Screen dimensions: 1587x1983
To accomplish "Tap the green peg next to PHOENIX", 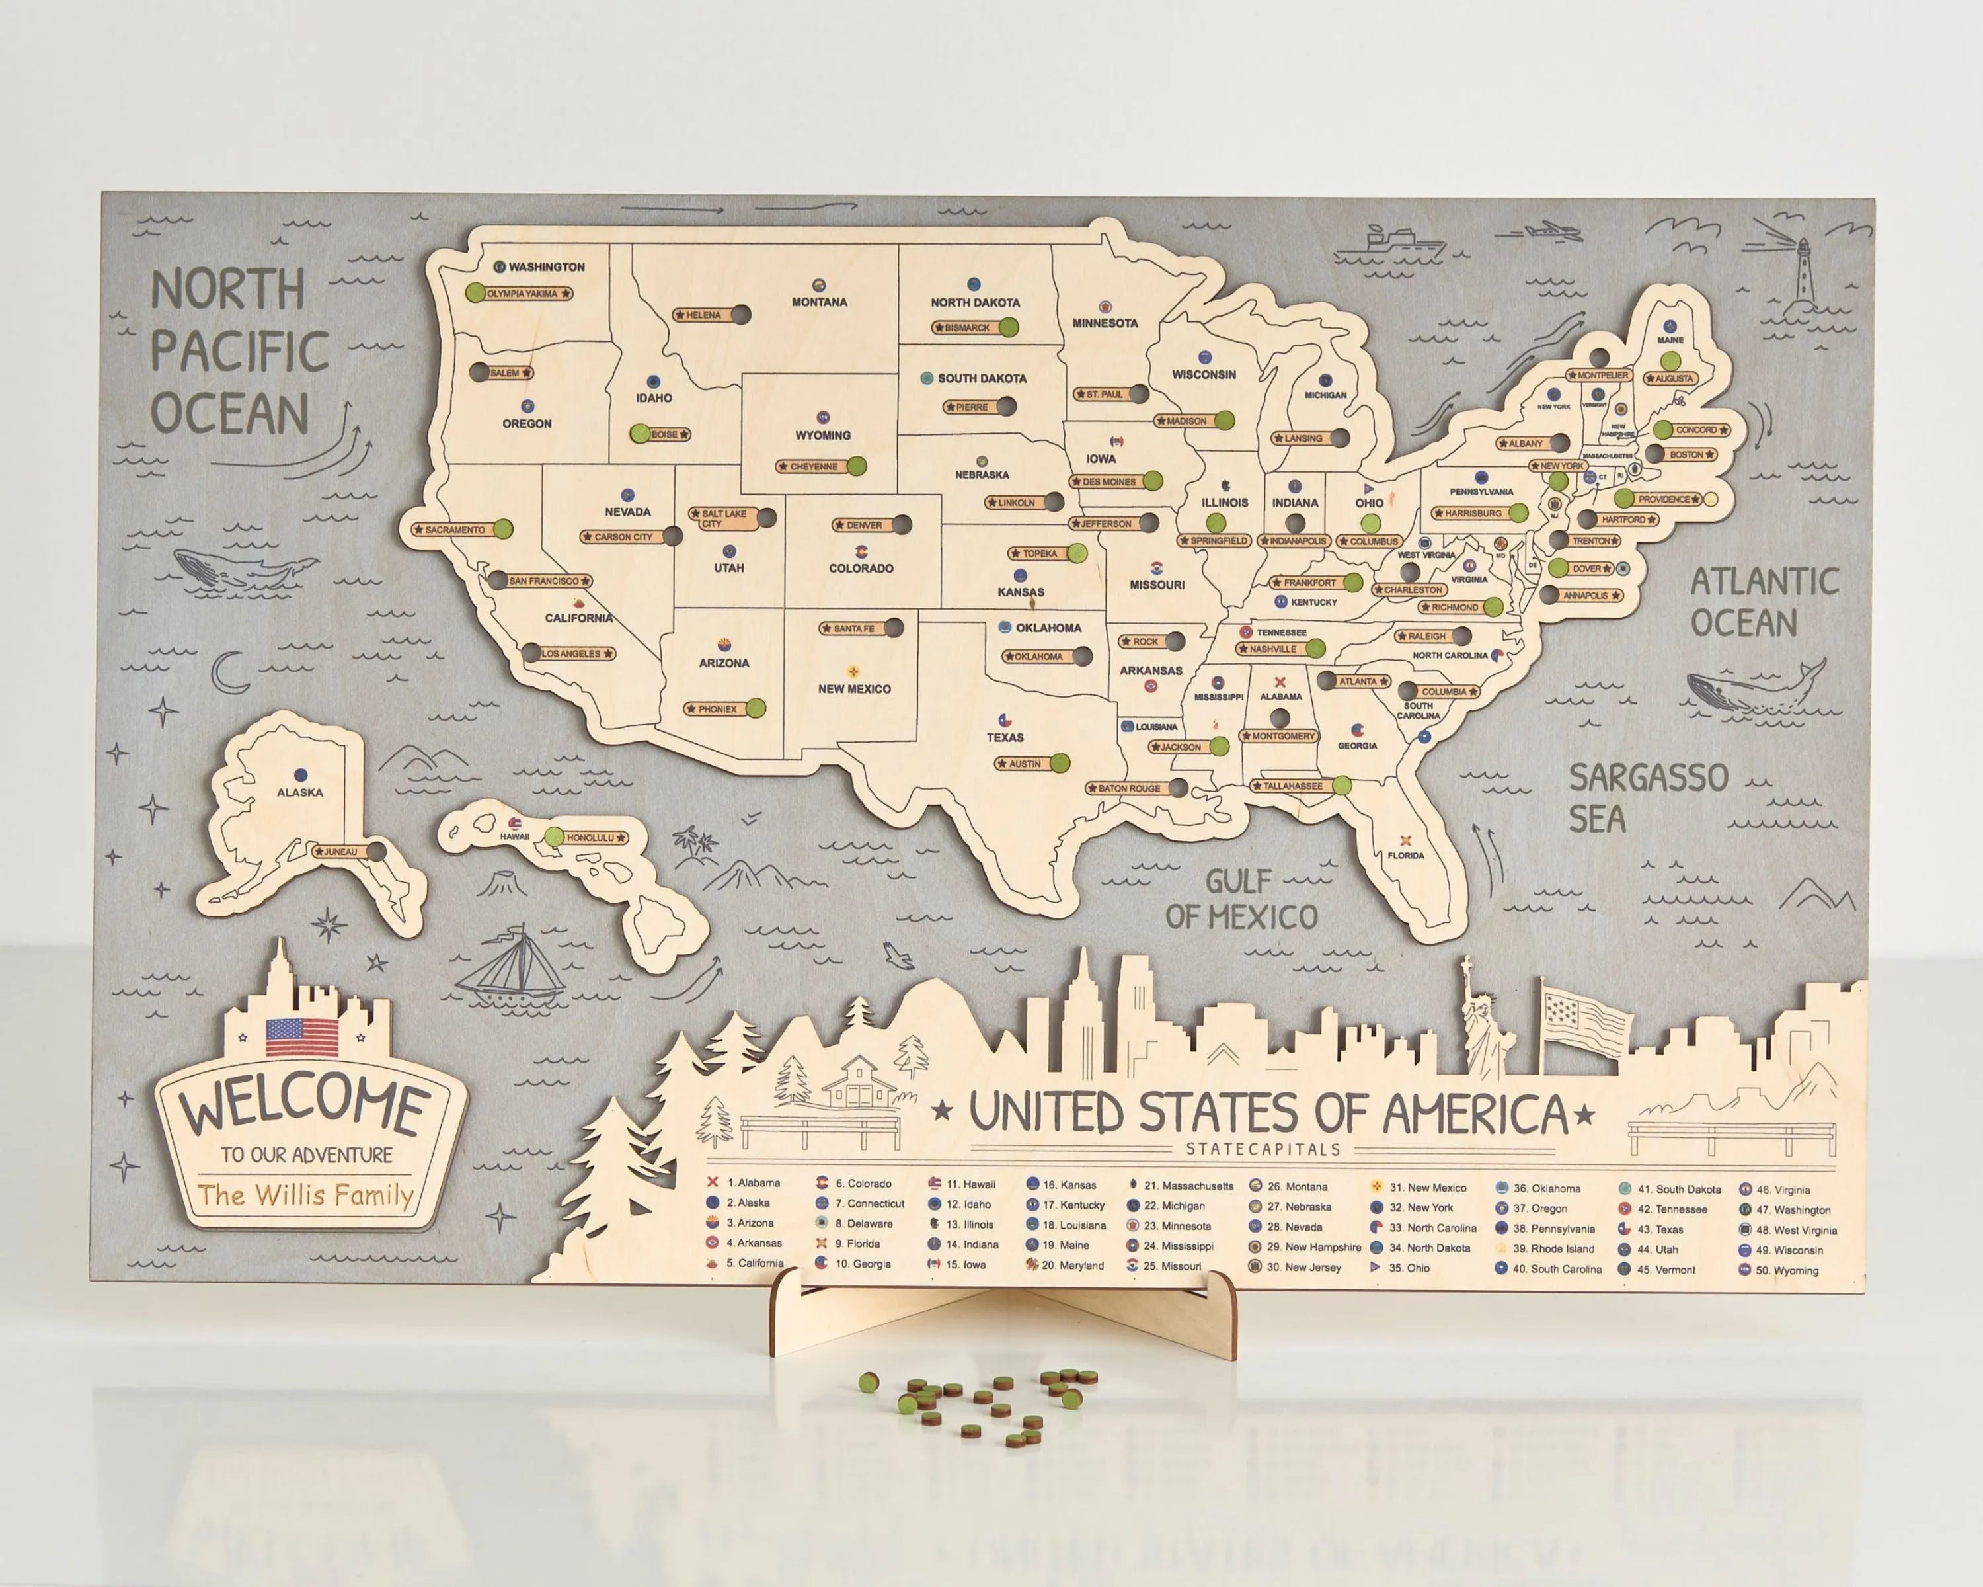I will tap(755, 708).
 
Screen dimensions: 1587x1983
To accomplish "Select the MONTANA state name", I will tap(818, 302).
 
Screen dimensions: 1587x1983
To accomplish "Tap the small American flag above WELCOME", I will tap(301, 1037).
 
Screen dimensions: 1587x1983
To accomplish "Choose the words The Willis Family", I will tap(305, 1195).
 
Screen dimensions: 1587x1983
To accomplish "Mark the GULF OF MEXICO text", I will tap(1241, 899).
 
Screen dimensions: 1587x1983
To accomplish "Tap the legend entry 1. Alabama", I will tap(752, 1182).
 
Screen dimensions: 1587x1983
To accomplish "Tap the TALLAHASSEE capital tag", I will tap(1292, 786).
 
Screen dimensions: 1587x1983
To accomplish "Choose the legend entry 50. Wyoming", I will tap(1786, 1270).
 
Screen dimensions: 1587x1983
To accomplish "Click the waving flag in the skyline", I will tap(1584, 1020).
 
